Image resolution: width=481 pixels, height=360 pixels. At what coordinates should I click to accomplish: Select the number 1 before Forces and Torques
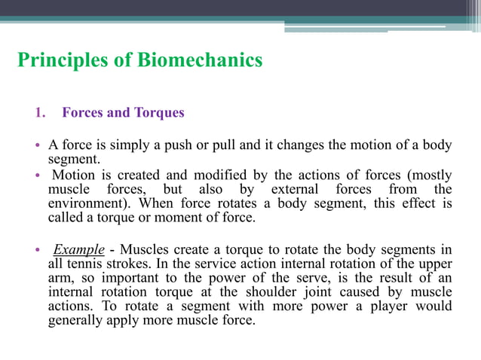point(39,113)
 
